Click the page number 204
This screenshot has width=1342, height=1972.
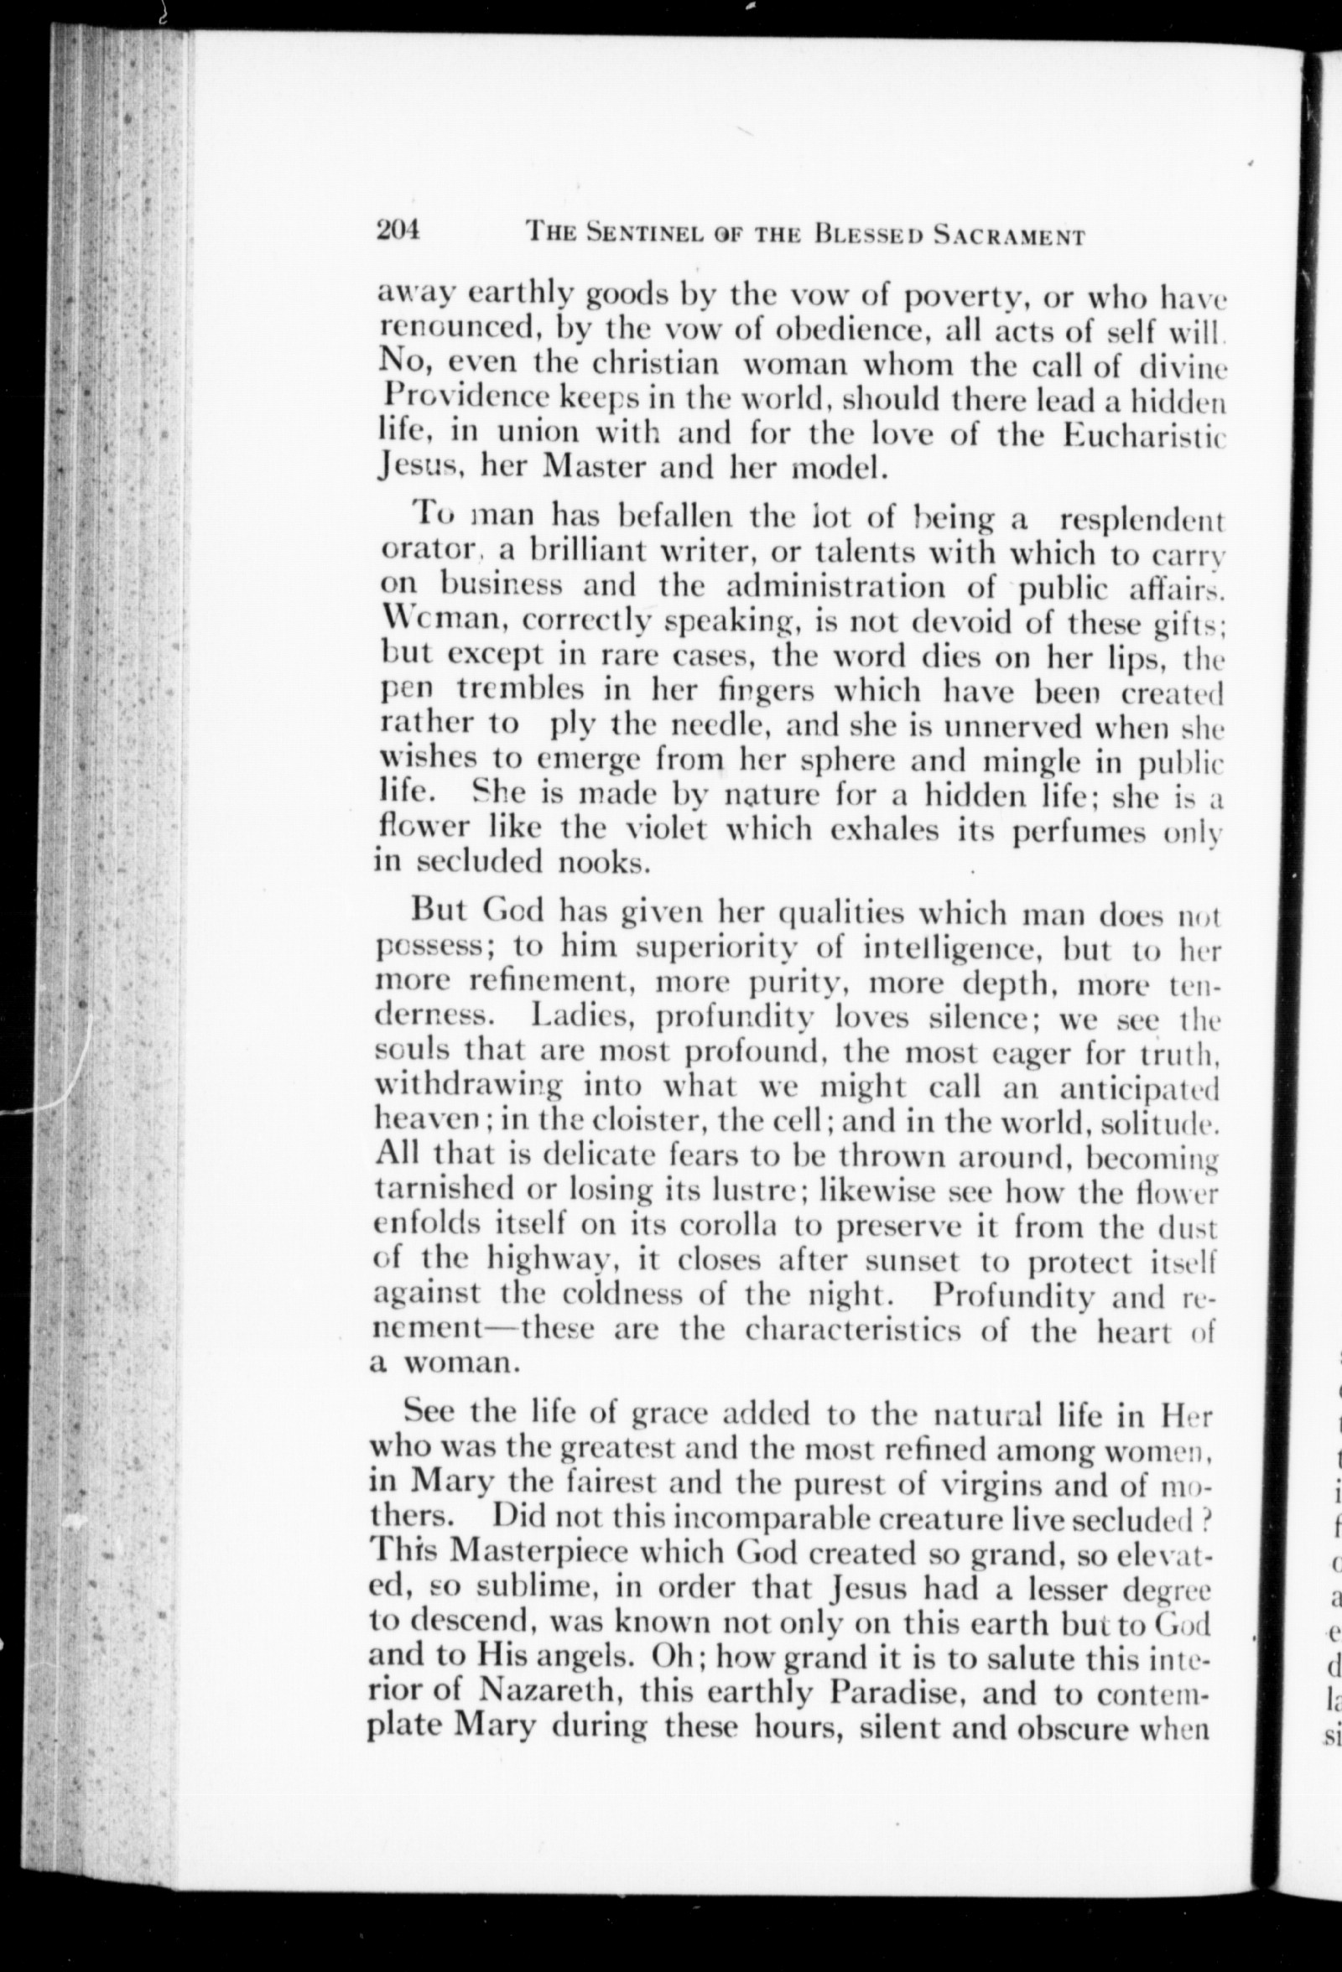coord(399,231)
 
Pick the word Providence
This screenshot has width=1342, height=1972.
coord(466,397)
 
